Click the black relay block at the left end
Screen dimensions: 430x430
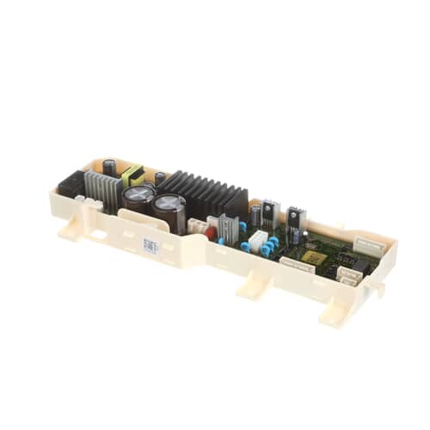click(71, 183)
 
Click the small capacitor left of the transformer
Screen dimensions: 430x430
click(110, 166)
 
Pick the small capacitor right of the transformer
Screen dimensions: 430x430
click(160, 179)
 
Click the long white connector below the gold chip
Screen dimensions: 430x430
click(296, 263)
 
